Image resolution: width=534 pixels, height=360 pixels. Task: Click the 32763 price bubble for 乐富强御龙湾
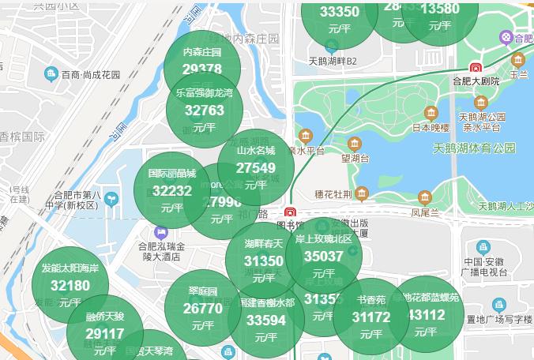point(204,110)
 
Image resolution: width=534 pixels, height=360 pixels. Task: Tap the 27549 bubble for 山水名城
point(256,167)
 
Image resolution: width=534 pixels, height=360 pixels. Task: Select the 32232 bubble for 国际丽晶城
point(171,190)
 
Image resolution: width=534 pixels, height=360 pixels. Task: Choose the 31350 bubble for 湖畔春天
point(263,260)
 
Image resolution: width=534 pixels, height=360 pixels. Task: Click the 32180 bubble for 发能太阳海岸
point(70,285)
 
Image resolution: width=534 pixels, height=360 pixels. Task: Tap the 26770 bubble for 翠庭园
point(202,308)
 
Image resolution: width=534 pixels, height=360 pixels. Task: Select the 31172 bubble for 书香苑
point(371,317)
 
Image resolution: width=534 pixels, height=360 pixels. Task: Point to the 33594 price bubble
point(266,320)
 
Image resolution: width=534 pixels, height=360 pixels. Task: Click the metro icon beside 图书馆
point(291,212)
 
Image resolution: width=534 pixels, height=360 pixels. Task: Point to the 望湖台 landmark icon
point(355,143)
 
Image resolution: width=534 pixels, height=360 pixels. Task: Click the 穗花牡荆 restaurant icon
point(362,193)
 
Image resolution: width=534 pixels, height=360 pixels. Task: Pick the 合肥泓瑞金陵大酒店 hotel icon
point(162,233)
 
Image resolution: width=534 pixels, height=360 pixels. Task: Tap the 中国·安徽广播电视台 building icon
point(483,248)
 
